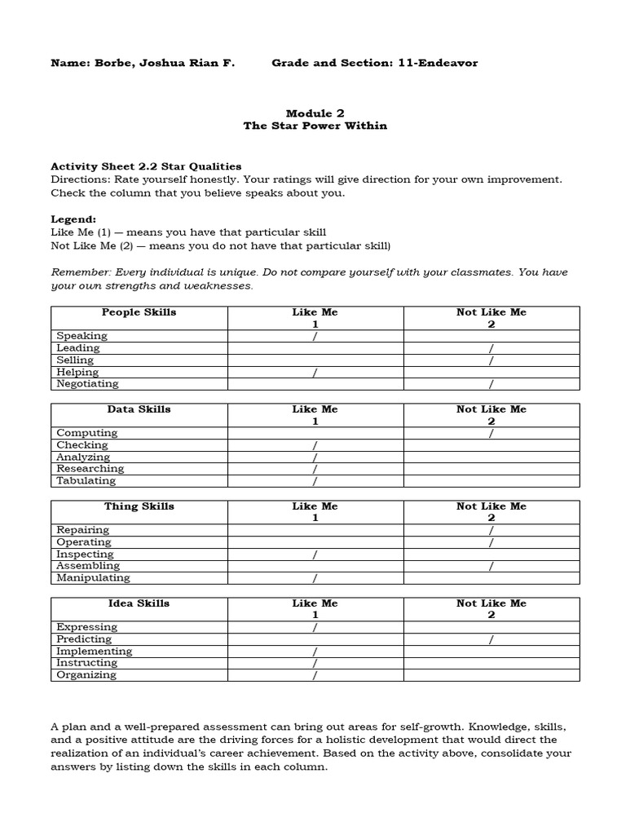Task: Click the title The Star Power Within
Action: pos(315,126)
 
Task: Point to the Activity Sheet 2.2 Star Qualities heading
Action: pos(146,166)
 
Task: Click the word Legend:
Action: pos(73,219)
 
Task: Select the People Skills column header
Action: pos(139,312)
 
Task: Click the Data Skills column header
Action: pos(139,409)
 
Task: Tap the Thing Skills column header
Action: pos(139,506)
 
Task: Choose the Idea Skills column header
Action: pos(139,603)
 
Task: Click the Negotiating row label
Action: pos(87,384)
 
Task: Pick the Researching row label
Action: pos(90,469)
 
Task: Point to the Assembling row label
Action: pos(87,566)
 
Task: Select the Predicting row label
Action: pos(84,639)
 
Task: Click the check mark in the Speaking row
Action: pos(315,337)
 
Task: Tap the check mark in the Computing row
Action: pos(491,434)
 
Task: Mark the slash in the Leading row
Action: pos(491,349)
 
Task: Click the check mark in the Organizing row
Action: pos(315,676)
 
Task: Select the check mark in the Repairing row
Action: pos(491,531)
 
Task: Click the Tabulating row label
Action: pos(87,481)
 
